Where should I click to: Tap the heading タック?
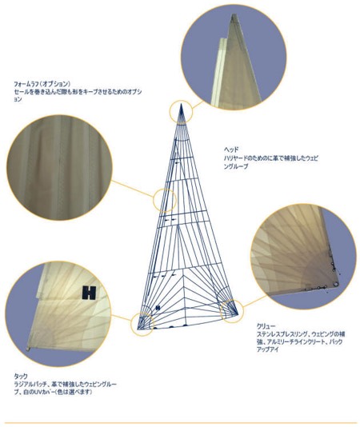click(x=21, y=376)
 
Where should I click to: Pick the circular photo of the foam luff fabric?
click(x=58, y=166)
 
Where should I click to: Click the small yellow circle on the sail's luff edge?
click(x=165, y=198)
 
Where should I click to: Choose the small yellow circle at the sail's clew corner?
click(x=230, y=307)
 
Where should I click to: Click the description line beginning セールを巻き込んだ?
click(x=72, y=92)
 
